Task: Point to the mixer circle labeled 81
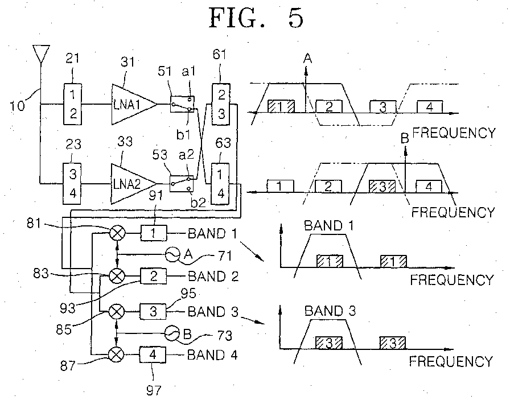[117, 232]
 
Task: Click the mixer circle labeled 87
[117, 355]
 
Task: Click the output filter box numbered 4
[153, 355]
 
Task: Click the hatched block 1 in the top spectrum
[281, 106]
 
